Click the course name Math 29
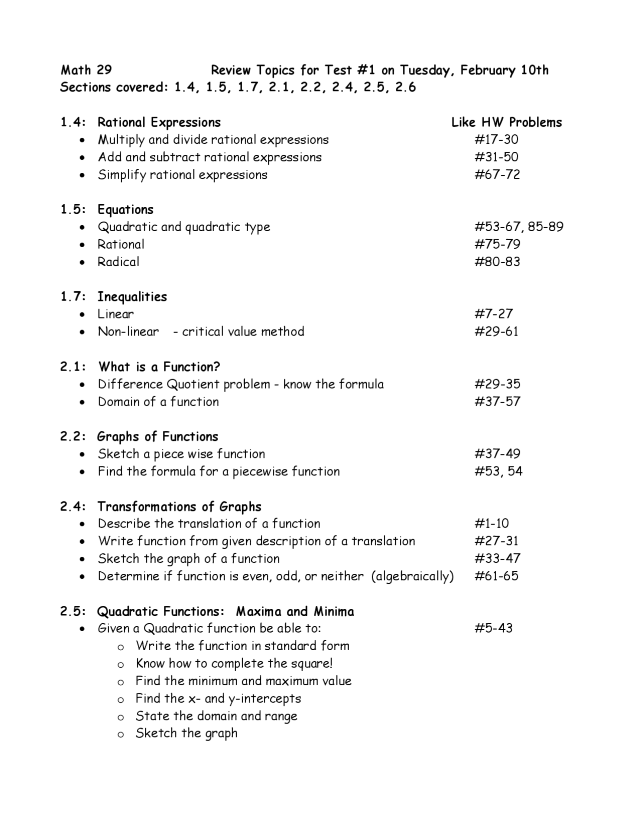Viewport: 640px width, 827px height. tap(86, 70)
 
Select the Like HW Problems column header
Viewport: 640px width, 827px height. tap(506, 122)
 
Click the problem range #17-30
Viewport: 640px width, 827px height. tap(496, 139)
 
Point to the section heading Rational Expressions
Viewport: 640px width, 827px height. tap(159, 122)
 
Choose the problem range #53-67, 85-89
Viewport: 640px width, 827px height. tap(518, 227)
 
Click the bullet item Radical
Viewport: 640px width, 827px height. tap(118, 262)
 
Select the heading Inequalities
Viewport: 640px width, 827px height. tap(132, 297)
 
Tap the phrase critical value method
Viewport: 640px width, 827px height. tap(243, 332)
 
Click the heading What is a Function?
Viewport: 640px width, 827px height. tap(159, 367)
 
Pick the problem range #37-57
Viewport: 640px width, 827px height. tap(497, 402)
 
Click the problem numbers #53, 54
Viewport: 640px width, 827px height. tap(498, 471)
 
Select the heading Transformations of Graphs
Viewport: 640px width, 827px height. tap(179, 506)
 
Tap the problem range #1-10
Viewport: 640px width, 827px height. tap(491, 523)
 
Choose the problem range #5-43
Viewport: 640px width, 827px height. tap(493, 628)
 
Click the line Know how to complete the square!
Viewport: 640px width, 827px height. tap(234, 663)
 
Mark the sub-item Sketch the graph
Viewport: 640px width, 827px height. tap(186, 733)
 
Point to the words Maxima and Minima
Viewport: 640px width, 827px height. tap(295, 611)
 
